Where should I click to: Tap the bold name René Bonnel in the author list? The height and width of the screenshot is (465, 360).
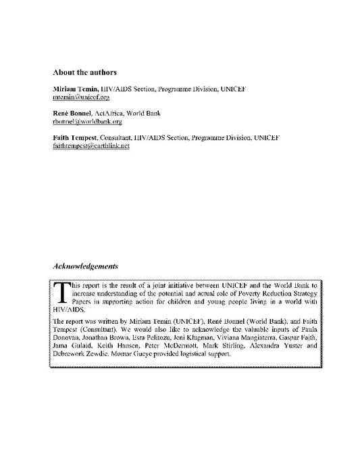[x=73, y=113]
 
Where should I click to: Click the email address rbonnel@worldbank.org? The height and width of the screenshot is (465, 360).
[x=82, y=121]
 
